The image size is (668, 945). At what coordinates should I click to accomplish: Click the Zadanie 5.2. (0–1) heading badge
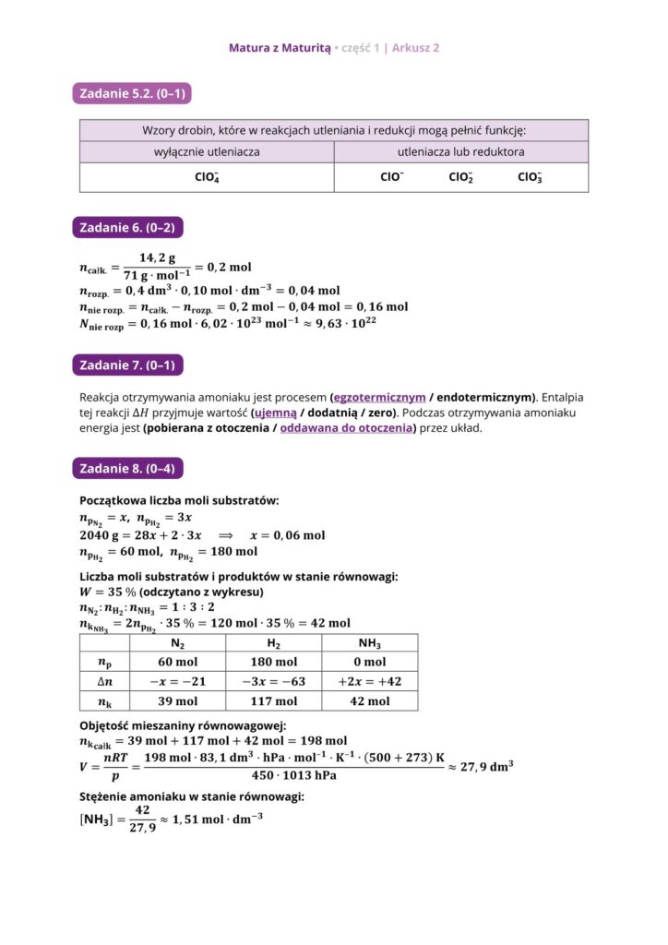point(131,93)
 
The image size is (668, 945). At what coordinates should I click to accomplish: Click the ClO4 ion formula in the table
point(207,177)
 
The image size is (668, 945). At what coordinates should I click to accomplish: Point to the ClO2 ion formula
point(461,177)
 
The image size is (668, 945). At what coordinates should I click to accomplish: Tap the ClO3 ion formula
point(530,177)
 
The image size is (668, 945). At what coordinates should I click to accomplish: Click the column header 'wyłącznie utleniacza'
point(207,151)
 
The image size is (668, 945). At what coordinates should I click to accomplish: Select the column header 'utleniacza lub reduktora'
point(461,151)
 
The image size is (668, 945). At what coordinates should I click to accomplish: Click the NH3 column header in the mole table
point(369,644)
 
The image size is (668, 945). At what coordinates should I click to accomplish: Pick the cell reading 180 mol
point(274,662)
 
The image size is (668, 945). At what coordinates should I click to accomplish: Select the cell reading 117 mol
point(274,701)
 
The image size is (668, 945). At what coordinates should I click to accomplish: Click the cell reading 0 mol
point(369,662)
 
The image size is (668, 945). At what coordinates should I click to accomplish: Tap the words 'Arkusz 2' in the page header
point(415,47)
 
